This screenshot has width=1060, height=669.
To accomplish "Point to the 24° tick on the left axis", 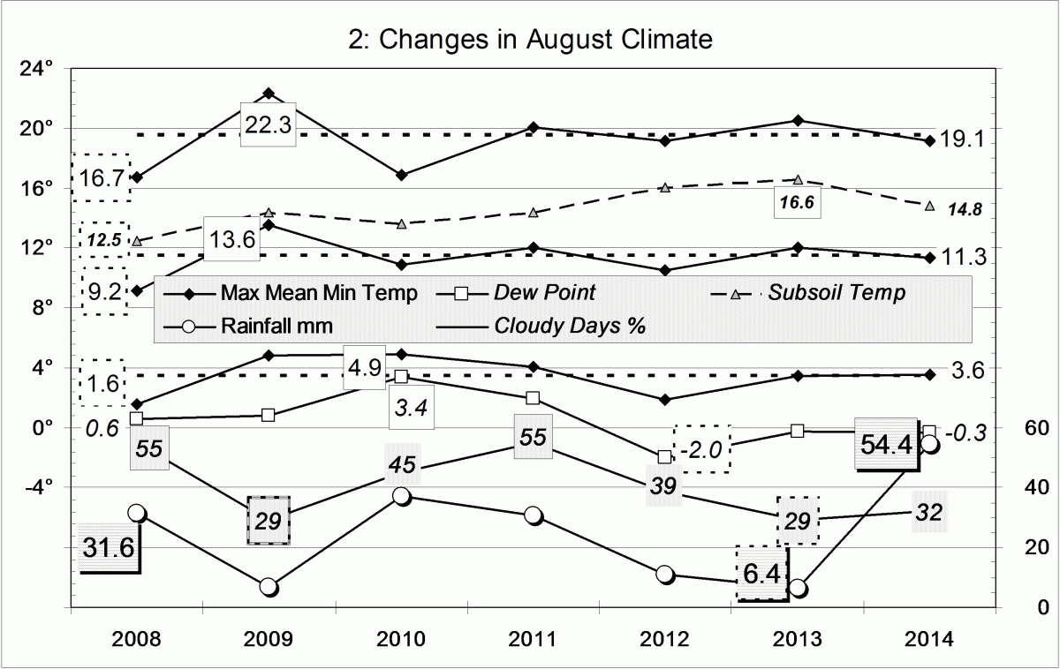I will [39, 68].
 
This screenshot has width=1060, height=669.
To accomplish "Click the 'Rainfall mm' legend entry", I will [277, 326].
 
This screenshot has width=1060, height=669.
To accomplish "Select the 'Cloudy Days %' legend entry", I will [571, 326].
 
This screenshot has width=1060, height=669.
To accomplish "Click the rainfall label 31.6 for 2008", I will [109, 547].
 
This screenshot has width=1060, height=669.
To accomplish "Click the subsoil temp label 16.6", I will [796, 201].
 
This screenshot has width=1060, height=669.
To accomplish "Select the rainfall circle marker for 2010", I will [401, 496].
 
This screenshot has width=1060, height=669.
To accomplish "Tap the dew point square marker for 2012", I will [665, 456].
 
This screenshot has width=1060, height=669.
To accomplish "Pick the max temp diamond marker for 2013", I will [798, 120].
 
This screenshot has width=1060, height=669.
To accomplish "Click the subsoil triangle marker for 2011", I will [533, 213].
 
